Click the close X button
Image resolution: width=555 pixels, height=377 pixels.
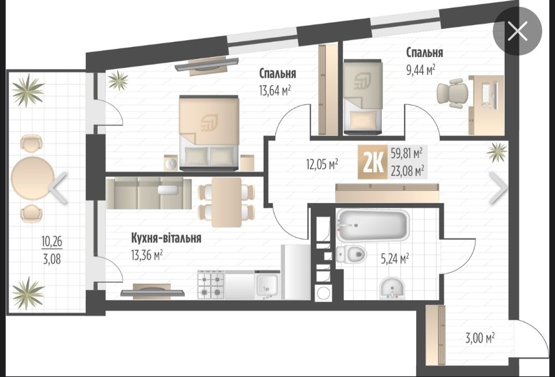(x=517, y=31)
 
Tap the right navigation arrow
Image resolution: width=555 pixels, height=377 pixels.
(x=498, y=188)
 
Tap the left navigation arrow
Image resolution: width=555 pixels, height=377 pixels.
(x=58, y=188)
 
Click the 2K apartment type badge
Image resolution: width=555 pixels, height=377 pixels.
(x=373, y=163)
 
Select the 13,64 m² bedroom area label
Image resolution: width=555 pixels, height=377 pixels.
(x=275, y=91)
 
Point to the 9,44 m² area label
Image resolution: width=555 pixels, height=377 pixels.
(x=421, y=70)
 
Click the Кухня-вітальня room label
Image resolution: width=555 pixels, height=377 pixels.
(x=166, y=238)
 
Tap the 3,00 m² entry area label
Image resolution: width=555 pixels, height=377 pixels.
(x=480, y=338)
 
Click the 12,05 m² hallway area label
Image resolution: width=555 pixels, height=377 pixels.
(x=322, y=164)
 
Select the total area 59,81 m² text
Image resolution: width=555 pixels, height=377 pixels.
(x=407, y=153)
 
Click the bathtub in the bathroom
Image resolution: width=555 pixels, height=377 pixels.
(x=373, y=225)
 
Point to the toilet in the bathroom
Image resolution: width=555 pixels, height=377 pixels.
(x=351, y=253)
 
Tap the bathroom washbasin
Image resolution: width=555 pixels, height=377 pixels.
(x=392, y=288)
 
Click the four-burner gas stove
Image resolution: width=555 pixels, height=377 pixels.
(x=211, y=285)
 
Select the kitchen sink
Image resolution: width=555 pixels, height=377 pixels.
(x=268, y=285)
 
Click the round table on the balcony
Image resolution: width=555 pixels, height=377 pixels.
(x=33, y=178)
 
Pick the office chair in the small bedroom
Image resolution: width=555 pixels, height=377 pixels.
(x=452, y=93)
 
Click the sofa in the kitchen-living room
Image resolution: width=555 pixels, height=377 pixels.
(x=149, y=193)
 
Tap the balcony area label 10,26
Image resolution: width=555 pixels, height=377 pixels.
(x=52, y=242)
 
